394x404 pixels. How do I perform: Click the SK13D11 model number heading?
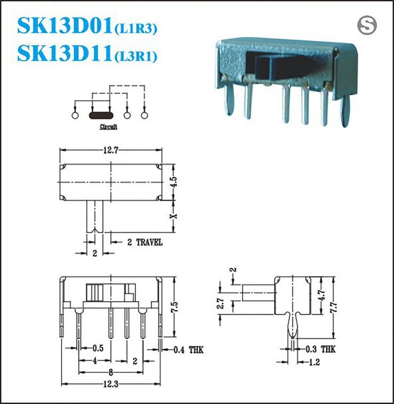[65, 53]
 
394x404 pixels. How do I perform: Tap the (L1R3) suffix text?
[135, 29]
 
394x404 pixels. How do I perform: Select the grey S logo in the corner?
[367, 26]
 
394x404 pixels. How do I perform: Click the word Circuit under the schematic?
[108, 127]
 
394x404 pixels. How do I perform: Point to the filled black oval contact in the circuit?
[101, 115]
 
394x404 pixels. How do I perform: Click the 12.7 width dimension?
[111, 150]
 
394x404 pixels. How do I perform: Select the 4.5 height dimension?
[174, 182]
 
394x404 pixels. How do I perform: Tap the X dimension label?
[174, 216]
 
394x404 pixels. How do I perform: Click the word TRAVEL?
[149, 243]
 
